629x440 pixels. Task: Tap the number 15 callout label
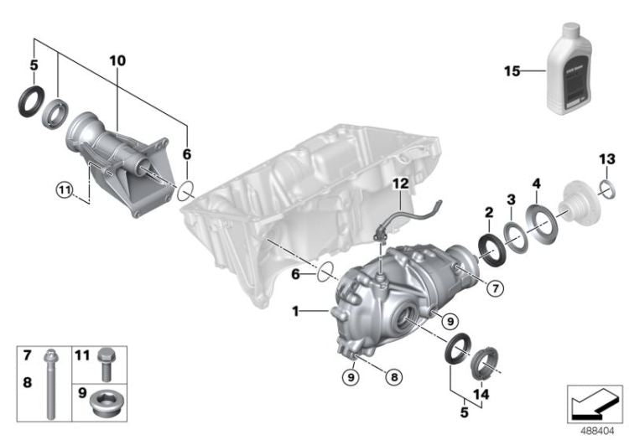[512, 70]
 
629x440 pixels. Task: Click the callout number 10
[117, 60]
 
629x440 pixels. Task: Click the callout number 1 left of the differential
[295, 312]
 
